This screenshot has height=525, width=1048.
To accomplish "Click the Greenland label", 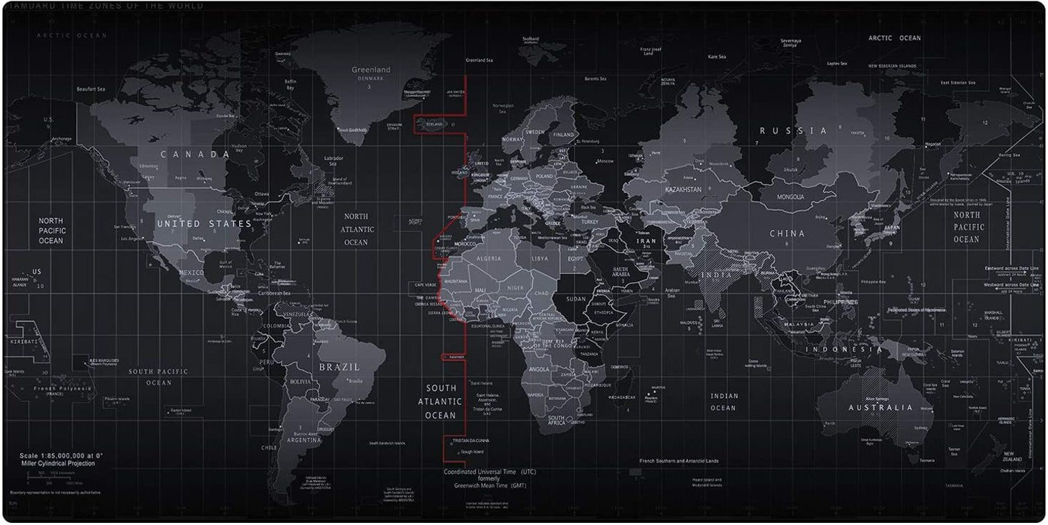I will [371, 70].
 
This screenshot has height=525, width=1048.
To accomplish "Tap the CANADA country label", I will [195, 154].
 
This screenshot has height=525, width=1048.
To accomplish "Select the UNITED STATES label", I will [204, 224].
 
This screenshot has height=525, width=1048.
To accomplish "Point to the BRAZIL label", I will [339, 367].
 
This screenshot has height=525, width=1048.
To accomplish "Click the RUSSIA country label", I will [793, 131].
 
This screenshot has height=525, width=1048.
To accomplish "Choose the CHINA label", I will [787, 233].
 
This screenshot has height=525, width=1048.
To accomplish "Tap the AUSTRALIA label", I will [880, 408].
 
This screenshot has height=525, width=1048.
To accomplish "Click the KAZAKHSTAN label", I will [683, 190].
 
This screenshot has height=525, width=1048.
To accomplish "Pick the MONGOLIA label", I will [787, 197].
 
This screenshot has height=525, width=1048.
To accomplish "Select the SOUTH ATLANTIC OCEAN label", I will [441, 401].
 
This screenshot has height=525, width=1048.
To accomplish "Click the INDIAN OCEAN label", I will [724, 402].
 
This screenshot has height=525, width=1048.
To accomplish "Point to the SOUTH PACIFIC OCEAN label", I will [159, 377].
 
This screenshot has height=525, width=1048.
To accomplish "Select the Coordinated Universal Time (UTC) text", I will [490, 472].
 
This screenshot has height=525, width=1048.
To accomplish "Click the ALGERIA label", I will [489, 259].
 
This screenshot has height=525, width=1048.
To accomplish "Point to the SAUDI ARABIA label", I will [622, 273].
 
